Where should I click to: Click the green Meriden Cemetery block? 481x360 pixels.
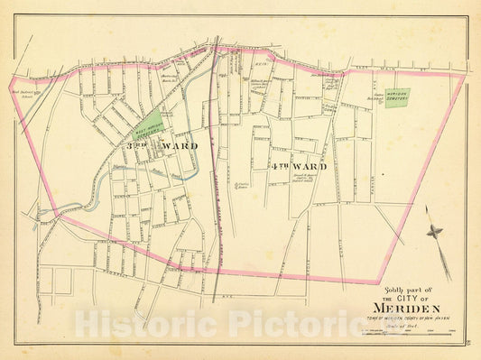pos(396,97)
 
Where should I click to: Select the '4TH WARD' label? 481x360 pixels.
pos(296,166)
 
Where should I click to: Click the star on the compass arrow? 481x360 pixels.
pos(435,232)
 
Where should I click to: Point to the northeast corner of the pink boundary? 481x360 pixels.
pos(464,76)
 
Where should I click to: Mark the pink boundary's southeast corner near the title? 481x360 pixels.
pos(376,282)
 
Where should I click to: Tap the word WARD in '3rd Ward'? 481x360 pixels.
pos(179,145)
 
